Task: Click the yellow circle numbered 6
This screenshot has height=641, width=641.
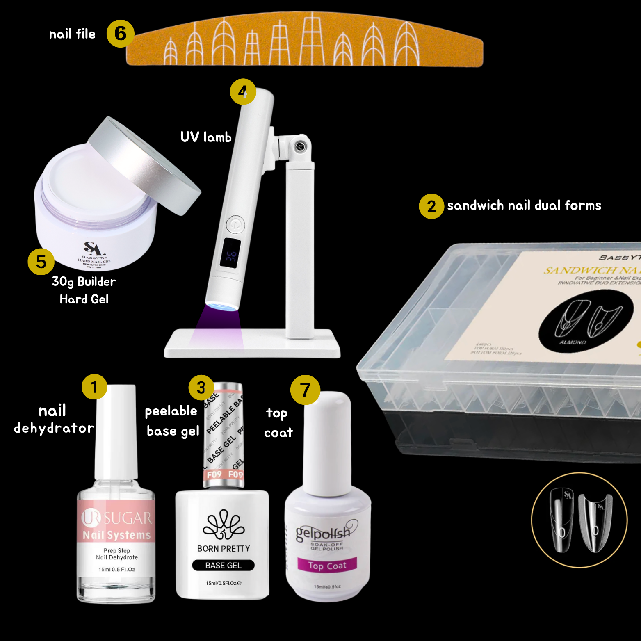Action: tap(120, 34)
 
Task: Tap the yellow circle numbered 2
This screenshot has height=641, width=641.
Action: tap(431, 206)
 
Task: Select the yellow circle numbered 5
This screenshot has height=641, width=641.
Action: tap(41, 262)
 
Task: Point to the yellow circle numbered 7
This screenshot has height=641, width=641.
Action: tap(305, 390)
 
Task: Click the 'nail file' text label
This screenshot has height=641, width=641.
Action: tap(72, 34)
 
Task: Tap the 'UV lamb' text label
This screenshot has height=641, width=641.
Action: tap(206, 137)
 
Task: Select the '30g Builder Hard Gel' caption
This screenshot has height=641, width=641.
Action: tap(84, 290)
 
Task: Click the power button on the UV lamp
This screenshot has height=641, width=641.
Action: tap(235, 225)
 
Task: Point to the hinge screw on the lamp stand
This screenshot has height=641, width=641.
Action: tap(300, 146)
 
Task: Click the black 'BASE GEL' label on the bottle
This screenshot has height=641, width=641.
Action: tap(223, 565)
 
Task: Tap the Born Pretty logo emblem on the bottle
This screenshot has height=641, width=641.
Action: tap(224, 525)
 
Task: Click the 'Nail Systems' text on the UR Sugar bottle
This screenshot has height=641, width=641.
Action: tap(117, 535)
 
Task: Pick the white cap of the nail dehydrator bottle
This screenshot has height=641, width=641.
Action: tap(116, 431)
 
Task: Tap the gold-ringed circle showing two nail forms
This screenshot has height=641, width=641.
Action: tap(579, 520)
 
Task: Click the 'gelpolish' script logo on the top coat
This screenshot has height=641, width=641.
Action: tap(324, 532)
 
